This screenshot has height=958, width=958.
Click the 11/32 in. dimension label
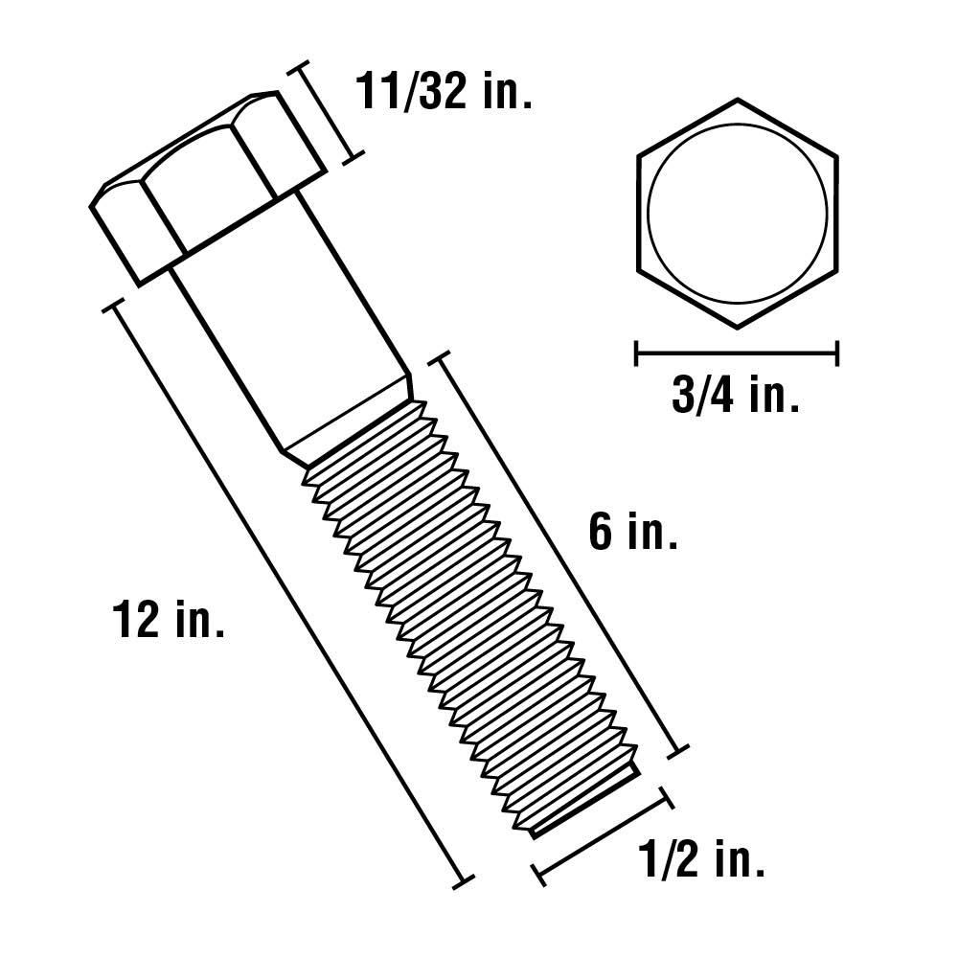pyautogui.click(x=443, y=93)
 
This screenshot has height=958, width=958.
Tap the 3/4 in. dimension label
pyautogui.click(x=736, y=396)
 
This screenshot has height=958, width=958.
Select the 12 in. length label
pyautogui.click(x=169, y=620)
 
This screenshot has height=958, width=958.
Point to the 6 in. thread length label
pyautogui.click(x=633, y=533)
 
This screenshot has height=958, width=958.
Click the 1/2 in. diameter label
pyautogui.click(x=701, y=861)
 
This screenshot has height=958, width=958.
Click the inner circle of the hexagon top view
pyautogui.click(x=737, y=213)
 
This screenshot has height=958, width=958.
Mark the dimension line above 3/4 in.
pyautogui.click(x=737, y=354)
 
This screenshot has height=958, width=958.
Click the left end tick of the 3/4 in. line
pyautogui.click(x=637, y=354)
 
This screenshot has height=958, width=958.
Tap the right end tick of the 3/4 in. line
pyautogui.click(x=838, y=354)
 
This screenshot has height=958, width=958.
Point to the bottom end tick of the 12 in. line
pyautogui.click(x=464, y=879)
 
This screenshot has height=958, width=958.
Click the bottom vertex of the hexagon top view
pyautogui.click(x=737, y=328)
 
